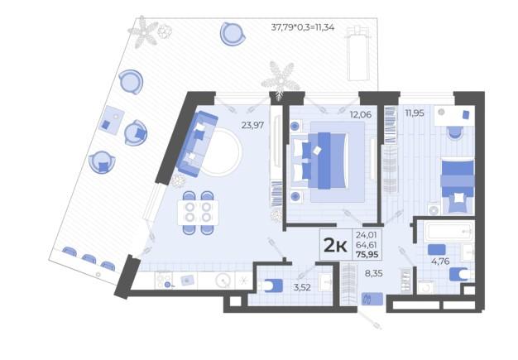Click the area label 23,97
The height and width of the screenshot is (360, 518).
point(252,125)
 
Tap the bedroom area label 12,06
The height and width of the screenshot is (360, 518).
point(361,114)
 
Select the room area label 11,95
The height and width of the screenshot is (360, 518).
point(415,113)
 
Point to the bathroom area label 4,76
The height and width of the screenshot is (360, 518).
point(440,262)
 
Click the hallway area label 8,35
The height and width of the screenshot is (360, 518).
point(374,273)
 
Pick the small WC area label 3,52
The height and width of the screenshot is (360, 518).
point(302,287)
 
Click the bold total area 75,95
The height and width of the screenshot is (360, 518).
point(367,255)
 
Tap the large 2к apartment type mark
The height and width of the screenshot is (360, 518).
point(335,245)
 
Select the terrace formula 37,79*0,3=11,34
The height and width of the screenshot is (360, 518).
point(303,27)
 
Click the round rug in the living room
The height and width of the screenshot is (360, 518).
point(222,152)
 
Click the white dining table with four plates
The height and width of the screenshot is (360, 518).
point(198,213)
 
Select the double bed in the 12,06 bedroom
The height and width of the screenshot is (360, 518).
point(319,161)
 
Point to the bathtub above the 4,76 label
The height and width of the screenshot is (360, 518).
point(449,231)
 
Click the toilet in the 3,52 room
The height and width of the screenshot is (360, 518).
point(272,286)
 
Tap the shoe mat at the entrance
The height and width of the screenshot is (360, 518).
point(372,299)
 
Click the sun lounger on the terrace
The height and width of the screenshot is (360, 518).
point(357,54)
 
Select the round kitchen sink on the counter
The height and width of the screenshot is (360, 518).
point(223,281)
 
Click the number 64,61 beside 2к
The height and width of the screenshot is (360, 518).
point(367,245)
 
